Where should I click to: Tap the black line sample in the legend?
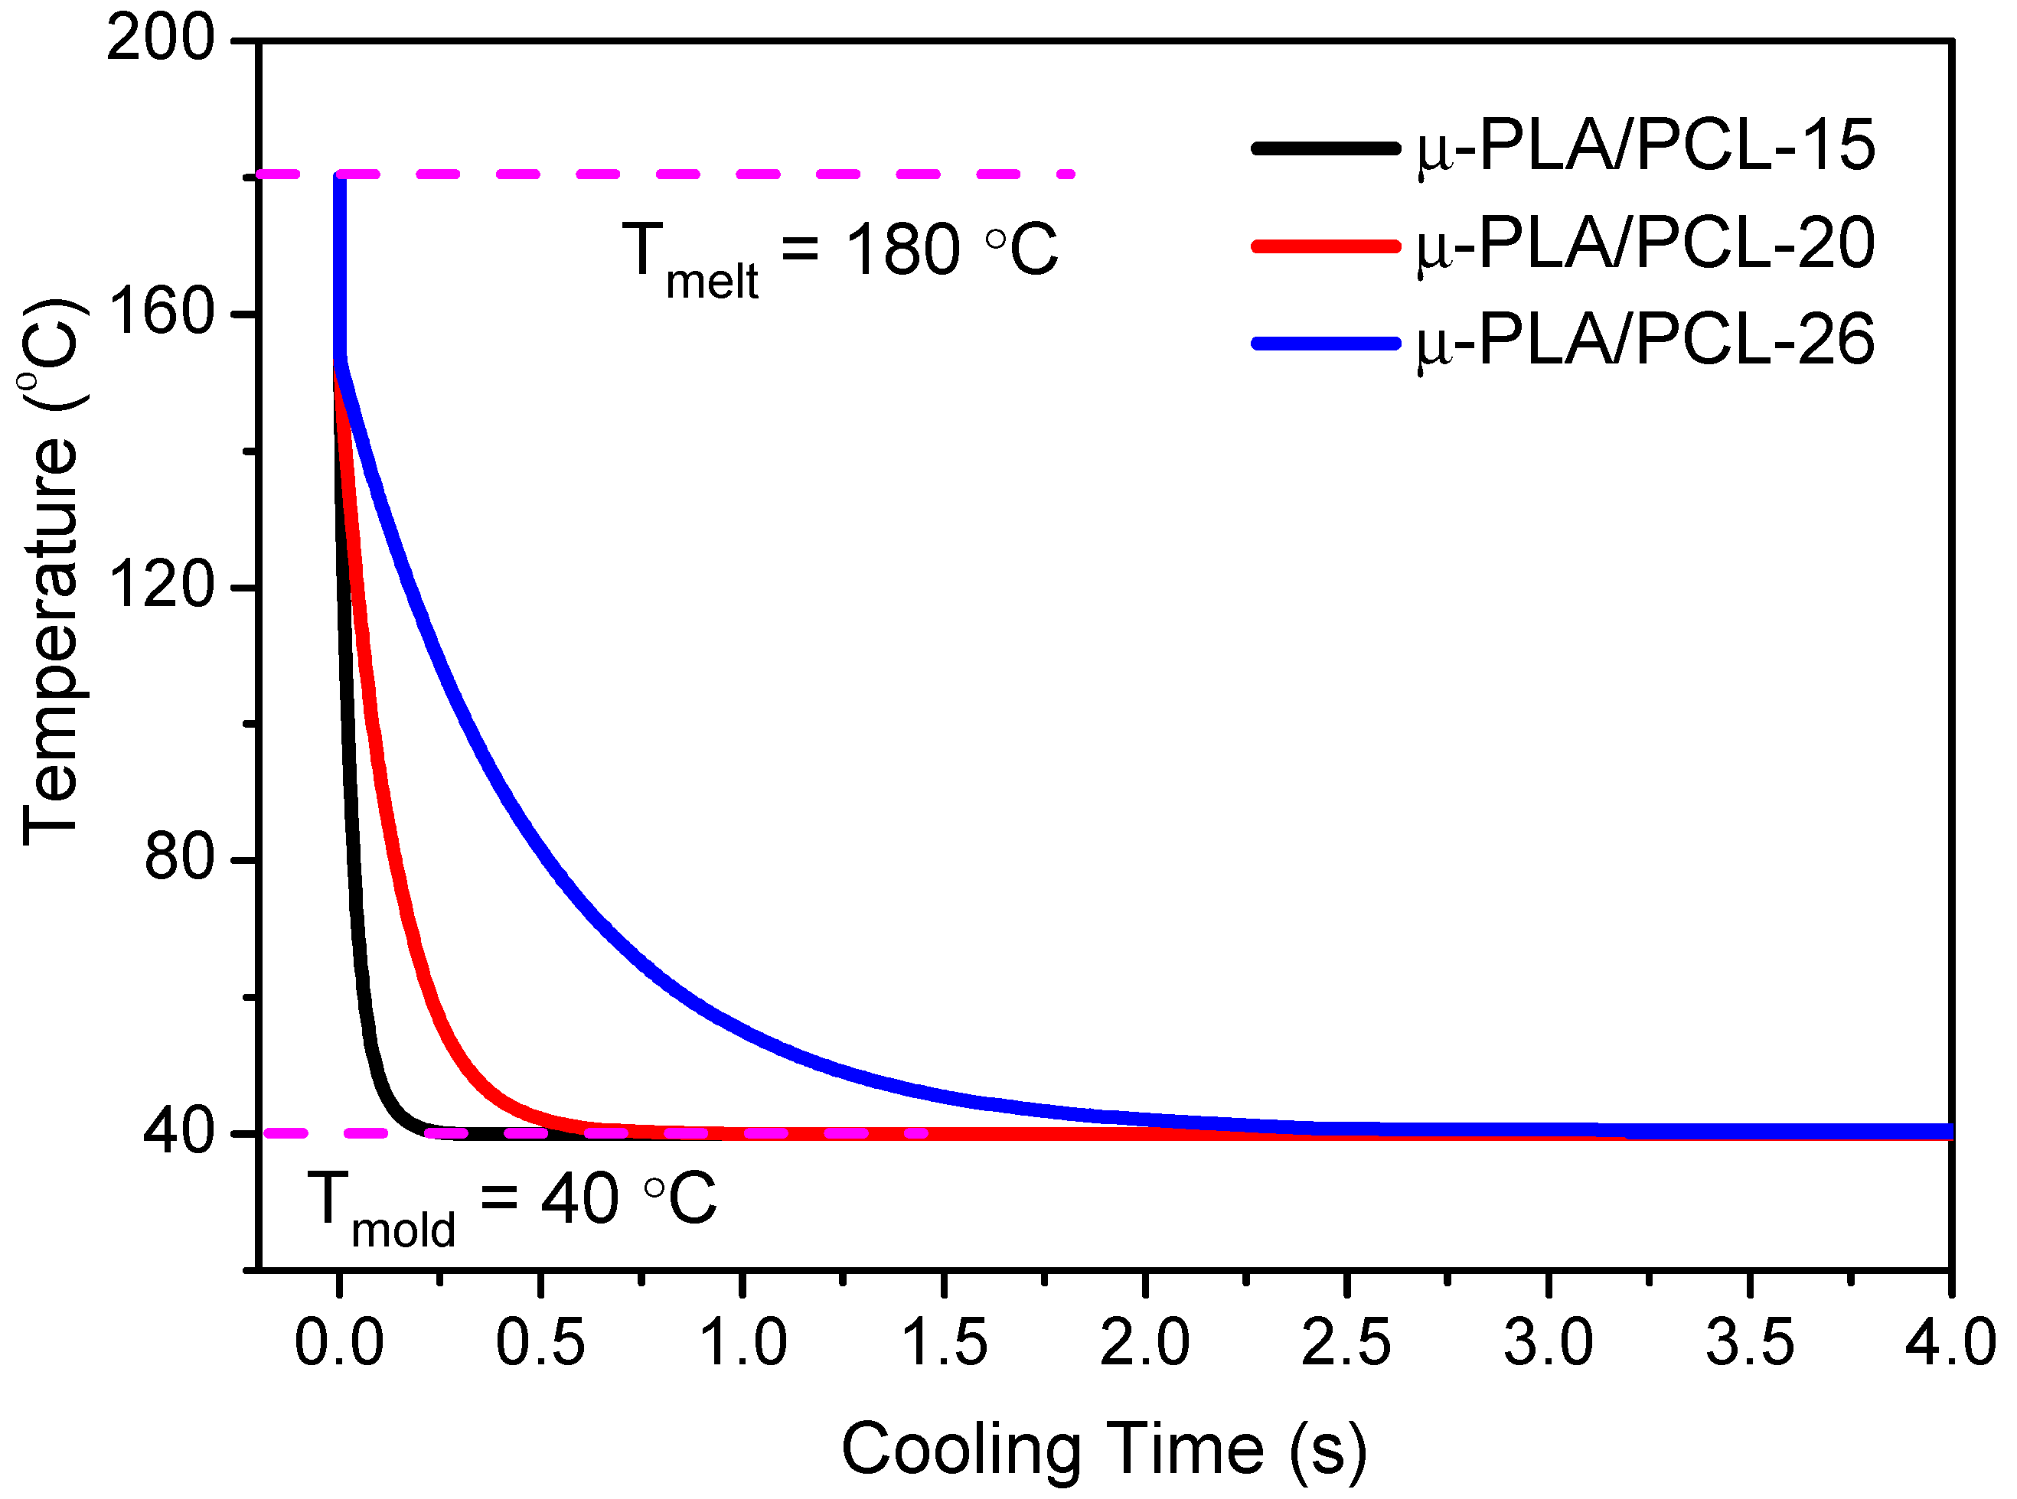[x=1324, y=148]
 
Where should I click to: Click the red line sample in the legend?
[x=1324, y=246]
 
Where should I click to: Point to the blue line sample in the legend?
[x=1324, y=343]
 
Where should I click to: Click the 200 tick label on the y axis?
[x=160, y=41]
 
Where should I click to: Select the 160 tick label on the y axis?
[x=160, y=314]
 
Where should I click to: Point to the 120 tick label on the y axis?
[x=160, y=587]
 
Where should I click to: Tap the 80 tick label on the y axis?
[x=179, y=859]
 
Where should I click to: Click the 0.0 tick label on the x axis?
[x=338, y=1344]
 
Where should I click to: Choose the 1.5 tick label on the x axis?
[x=944, y=1344]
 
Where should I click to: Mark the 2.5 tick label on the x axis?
[x=1346, y=1344]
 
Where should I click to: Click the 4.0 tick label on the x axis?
[x=1950, y=1344]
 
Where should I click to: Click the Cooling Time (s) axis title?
[x=1103, y=1450]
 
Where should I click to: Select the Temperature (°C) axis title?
[x=53, y=572]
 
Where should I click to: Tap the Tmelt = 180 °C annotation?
[x=840, y=255]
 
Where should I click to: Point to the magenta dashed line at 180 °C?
[x=708, y=173]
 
